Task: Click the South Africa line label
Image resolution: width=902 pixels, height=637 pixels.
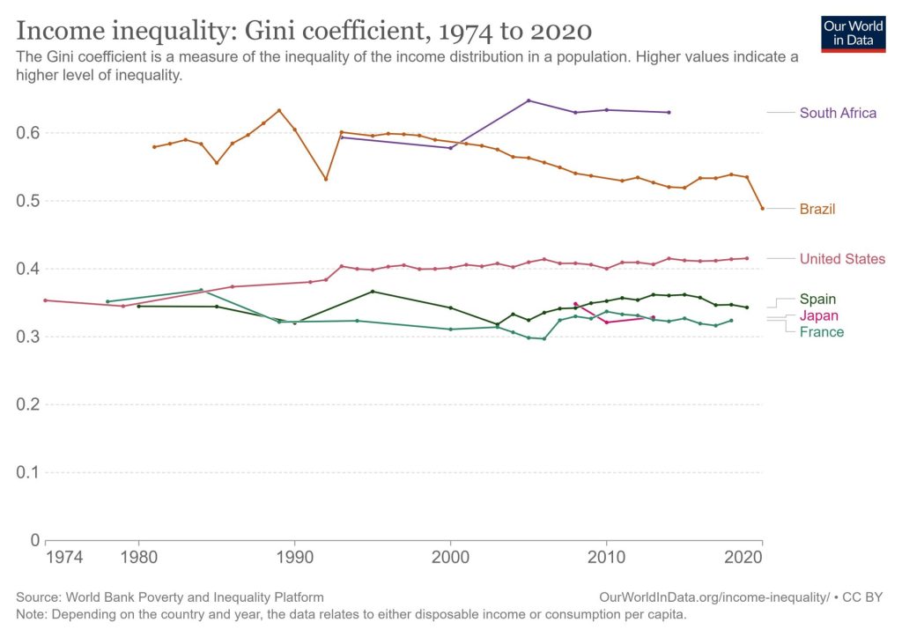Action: pyautogui.click(x=838, y=113)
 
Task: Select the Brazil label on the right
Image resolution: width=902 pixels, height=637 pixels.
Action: pyautogui.click(x=817, y=209)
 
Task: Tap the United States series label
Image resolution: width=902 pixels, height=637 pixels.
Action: pyautogui.click(x=842, y=259)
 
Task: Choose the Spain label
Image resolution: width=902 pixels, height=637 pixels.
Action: pyautogui.click(x=817, y=300)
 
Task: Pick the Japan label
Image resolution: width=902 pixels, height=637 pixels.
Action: pyautogui.click(x=818, y=315)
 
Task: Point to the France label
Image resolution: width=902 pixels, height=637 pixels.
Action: pyautogui.click(x=821, y=332)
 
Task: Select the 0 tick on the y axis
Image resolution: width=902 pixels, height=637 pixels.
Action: pyautogui.click(x=34, y=540)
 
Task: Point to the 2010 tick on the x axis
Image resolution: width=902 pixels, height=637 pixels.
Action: pyautogui.click(x=606, y=557)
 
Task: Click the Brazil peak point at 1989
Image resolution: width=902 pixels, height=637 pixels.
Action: pyautogui.click(x=279, y=110)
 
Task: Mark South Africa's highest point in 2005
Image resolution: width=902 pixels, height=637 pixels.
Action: pyautogui.click(x=529, y=100)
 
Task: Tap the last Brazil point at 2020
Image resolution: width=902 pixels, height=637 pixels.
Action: pyautogui.click(x=762, y=208)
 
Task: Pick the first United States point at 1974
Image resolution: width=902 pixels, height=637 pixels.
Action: pyautogui.click(x=45, y=300)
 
